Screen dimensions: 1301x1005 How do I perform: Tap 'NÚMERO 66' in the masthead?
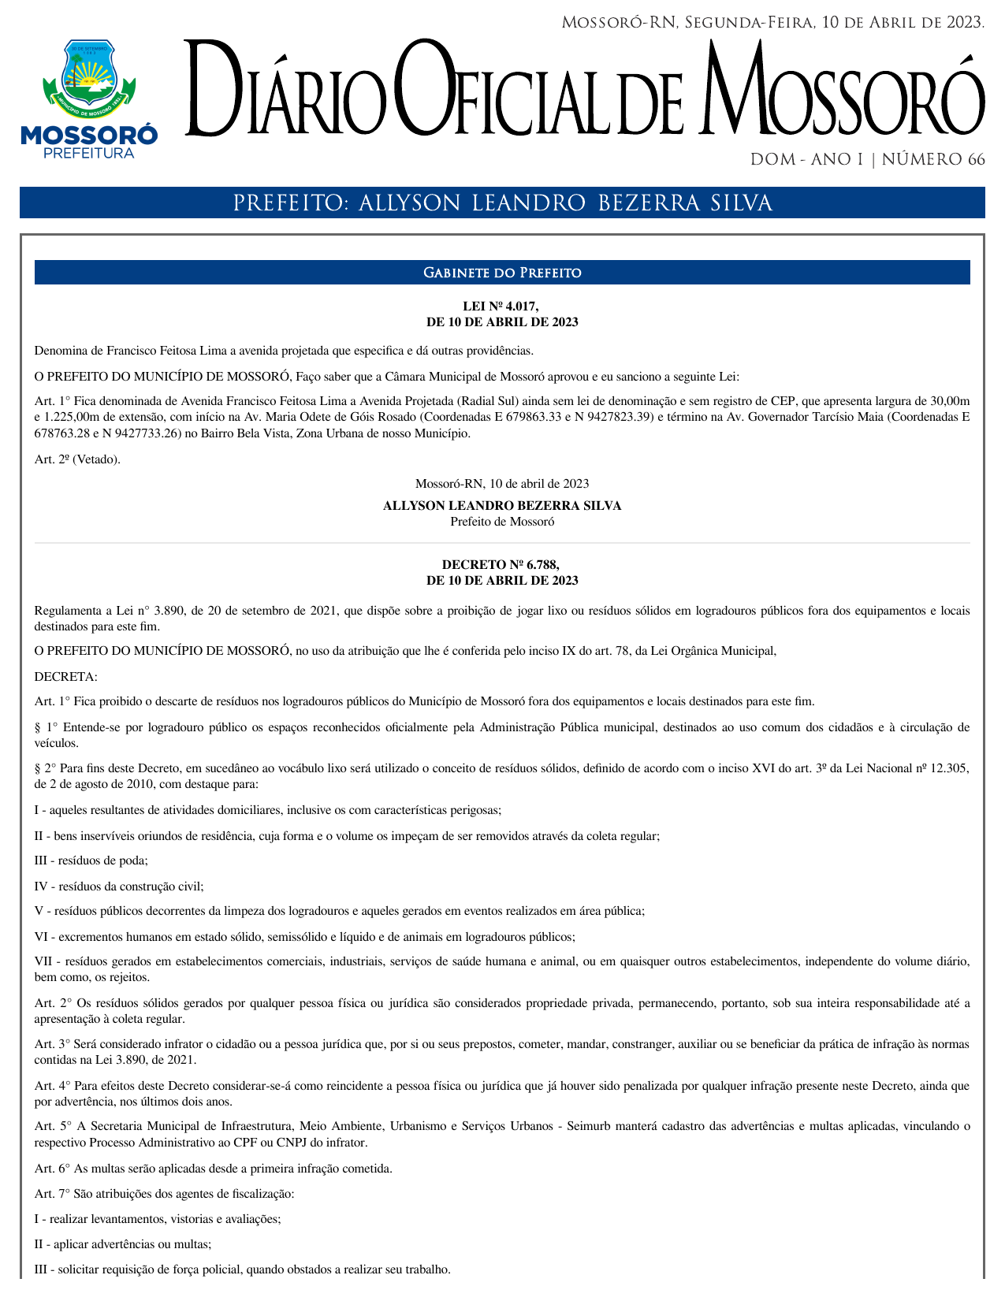click(933, 160)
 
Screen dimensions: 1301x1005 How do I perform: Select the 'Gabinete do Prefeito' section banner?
click(502, 273)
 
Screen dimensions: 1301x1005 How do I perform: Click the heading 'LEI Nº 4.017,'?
click(501, 307)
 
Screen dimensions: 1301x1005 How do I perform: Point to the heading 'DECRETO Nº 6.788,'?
click(501, 565)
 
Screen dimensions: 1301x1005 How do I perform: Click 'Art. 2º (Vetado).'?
click(78, 459)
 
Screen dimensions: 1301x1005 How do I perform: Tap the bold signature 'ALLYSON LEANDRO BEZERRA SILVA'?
click(502, 506)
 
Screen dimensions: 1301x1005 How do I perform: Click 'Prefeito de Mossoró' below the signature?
click(502, 522)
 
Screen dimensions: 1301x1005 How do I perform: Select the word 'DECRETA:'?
click(66, 676)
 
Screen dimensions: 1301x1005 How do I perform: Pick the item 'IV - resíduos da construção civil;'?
click(119, 887)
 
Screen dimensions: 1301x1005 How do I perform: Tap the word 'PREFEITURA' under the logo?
click(88, 153)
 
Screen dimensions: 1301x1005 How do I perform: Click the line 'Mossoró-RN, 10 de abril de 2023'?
click(502, 484)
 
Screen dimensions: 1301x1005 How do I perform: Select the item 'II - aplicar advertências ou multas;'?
click(123, 1244)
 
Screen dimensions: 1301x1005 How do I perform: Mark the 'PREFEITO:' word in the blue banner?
click(291, 204)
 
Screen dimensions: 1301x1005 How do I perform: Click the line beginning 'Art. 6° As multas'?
click(213, 1169)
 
